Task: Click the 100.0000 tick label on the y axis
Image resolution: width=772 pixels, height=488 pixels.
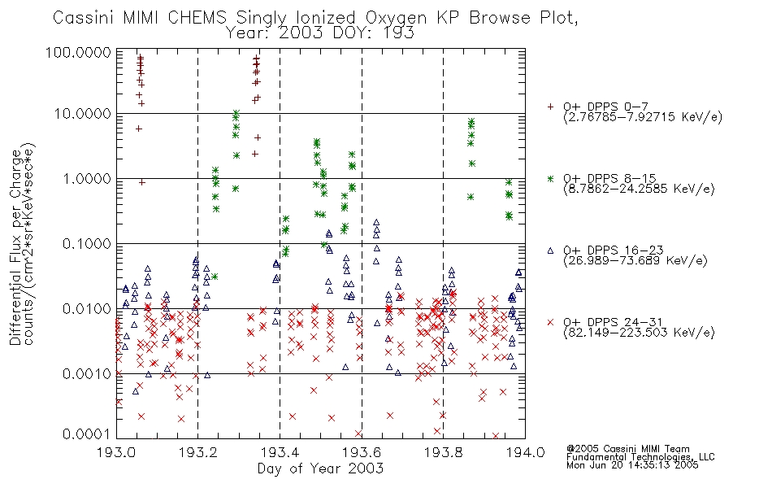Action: (x=78, y=52)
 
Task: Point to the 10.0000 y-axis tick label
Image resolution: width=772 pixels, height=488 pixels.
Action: (x=83, y=114)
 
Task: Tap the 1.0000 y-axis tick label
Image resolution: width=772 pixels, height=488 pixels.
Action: (x=87, y=178)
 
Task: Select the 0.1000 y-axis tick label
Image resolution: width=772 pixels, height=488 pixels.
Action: (x=87, y=243)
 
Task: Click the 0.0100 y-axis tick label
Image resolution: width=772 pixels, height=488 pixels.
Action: (x=87, y=308)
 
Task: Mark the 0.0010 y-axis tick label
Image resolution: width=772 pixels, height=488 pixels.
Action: (x=87, y=373)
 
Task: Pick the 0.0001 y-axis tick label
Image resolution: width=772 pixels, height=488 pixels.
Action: (x=87, y=434)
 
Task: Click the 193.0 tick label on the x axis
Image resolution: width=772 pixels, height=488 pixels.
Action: (x=117, y=452)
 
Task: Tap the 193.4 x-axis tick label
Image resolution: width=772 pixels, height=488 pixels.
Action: (x=280, y=452)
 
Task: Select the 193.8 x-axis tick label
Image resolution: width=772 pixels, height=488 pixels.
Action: (x=444, y=452)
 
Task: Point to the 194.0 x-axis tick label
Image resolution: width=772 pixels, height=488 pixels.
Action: (x=525, y=452)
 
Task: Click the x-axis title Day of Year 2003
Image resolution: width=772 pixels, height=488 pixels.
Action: (x=320, y=468)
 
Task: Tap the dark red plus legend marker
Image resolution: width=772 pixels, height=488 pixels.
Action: (x=551, y=107)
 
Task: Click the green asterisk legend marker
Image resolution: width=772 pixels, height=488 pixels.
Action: (x=551, y=178)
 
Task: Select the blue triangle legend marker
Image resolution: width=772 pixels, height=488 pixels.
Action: (x=551, y=251)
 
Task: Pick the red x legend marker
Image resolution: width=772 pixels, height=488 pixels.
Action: (x=551, y=322)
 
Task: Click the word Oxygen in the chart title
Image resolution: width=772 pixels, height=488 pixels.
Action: (x=397, y=18)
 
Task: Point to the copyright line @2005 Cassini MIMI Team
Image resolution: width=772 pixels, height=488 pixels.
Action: (x=628, y=449)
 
